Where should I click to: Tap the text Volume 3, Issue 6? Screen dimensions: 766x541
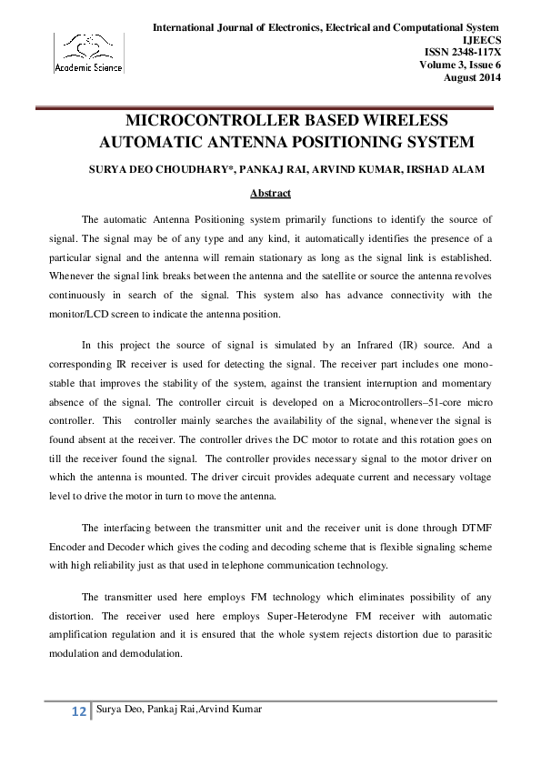tap(459, 65)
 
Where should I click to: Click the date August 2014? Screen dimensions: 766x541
tap(471, 76)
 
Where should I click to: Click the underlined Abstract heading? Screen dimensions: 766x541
tap(270, 193)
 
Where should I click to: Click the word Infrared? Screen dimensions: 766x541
tap(350, 345)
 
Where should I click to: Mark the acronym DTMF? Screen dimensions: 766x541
tap(476, 527)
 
